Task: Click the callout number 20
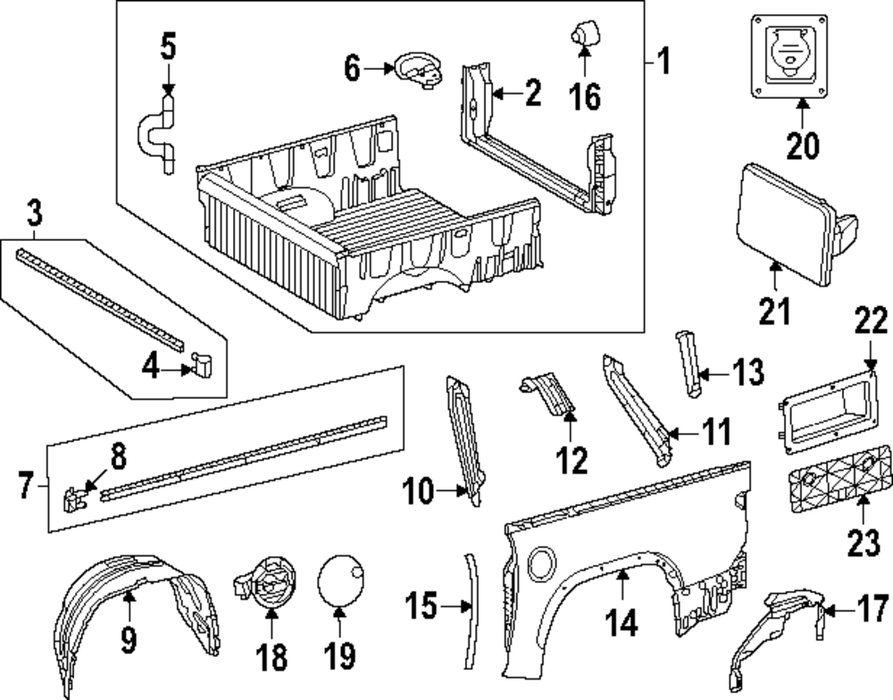[x=801, y=146]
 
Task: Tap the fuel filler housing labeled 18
[x=267, y=586]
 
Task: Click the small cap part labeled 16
[x=582, y=36]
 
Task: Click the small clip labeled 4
[x=201, y=362]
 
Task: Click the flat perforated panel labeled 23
[x=835, y=487]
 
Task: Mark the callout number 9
[x=129, y=641]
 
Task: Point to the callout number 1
[x=663, y=62]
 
